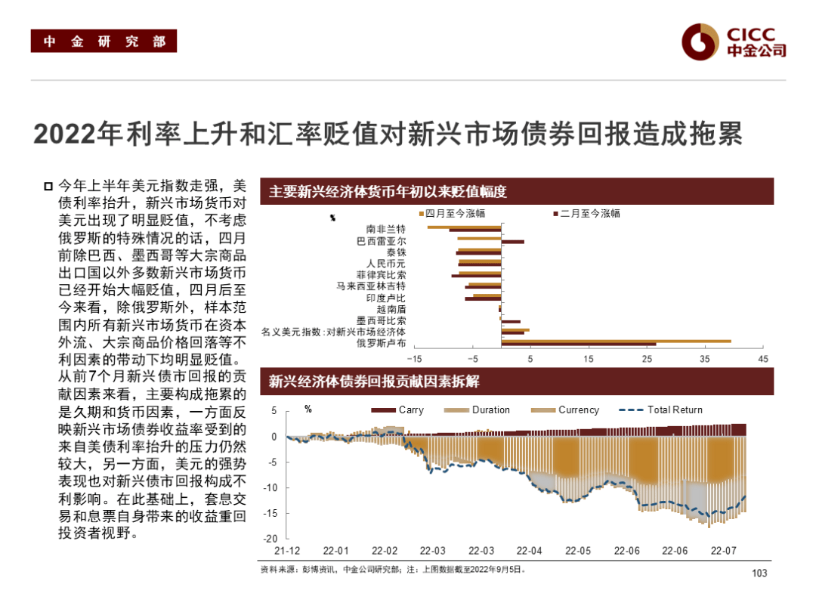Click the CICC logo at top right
tap(733, 42)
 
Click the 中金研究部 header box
tap(104, 42)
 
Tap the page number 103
tap(759, 573)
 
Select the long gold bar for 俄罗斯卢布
tap(616, 342)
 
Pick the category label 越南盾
tap(391, 308)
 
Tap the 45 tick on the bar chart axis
tap(762, 358)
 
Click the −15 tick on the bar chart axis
tap(415, 358)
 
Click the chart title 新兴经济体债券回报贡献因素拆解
tap(374, 382)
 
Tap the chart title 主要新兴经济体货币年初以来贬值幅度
tap(388, 192)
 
